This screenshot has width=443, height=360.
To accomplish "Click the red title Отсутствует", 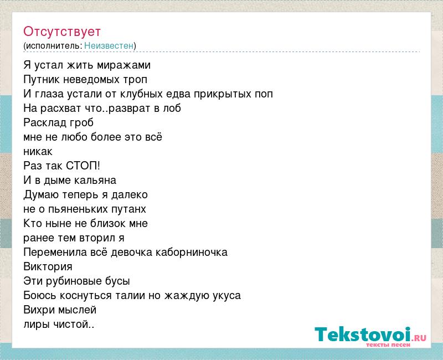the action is point(62,32).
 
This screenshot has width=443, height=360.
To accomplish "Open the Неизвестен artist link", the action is point(109,45).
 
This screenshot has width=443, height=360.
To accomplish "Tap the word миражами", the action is point(123,65).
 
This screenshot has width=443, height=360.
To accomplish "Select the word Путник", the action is point(42,80).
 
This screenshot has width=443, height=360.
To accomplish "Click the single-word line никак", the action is point(38,152).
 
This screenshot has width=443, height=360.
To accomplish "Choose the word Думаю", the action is point(41,195).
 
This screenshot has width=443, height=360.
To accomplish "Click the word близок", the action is point(108,224).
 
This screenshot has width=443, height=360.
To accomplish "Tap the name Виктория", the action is point(48,267).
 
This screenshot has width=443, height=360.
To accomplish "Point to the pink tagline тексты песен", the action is point(388,344).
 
